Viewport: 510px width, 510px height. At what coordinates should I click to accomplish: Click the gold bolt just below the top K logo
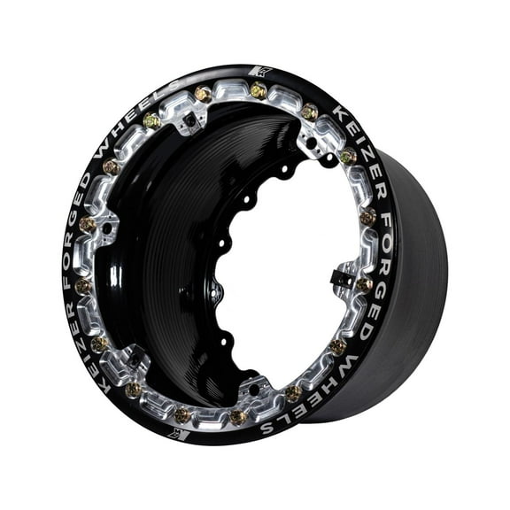point(259,89)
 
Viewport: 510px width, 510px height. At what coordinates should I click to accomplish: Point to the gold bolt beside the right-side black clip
point(364,284)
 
